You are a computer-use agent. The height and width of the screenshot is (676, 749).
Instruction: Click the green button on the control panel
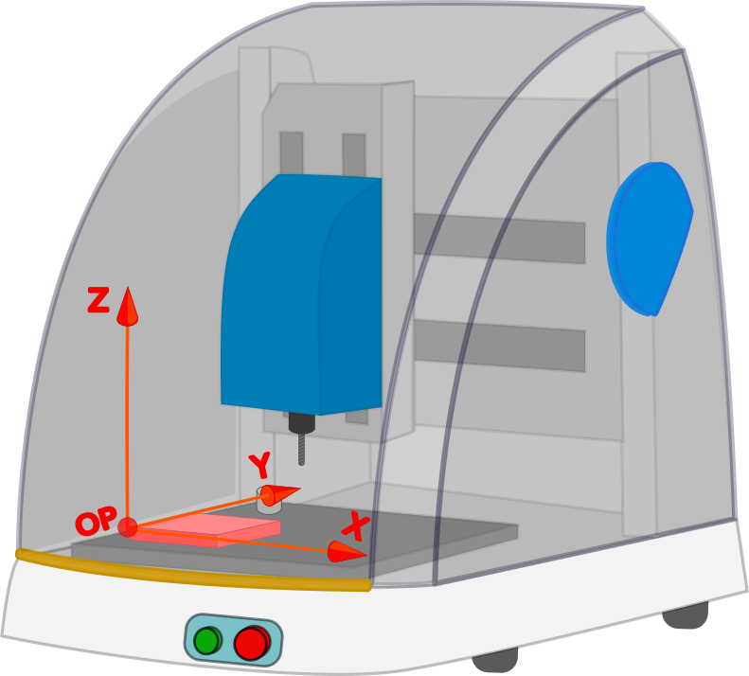pos(206,641)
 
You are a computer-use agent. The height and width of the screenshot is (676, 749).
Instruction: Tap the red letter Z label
pos(98,301)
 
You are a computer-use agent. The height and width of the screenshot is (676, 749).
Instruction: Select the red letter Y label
pos(260,465)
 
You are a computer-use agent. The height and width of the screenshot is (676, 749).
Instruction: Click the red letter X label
pos(356,525)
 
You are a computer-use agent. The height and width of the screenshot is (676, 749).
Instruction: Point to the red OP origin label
pos(96,521)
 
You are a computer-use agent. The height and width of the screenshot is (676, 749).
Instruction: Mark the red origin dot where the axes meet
pos(128,527)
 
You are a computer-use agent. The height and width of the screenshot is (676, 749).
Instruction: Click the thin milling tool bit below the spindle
pos(301,449)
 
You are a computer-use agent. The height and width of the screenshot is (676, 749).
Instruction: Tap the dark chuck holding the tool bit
pos(301,422)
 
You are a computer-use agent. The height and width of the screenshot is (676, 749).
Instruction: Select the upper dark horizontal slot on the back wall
pos(499,239)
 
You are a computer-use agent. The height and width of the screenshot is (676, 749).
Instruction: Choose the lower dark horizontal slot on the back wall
pos(499,346)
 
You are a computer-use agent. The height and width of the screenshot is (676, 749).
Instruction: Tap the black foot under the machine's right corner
pos(685,616)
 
